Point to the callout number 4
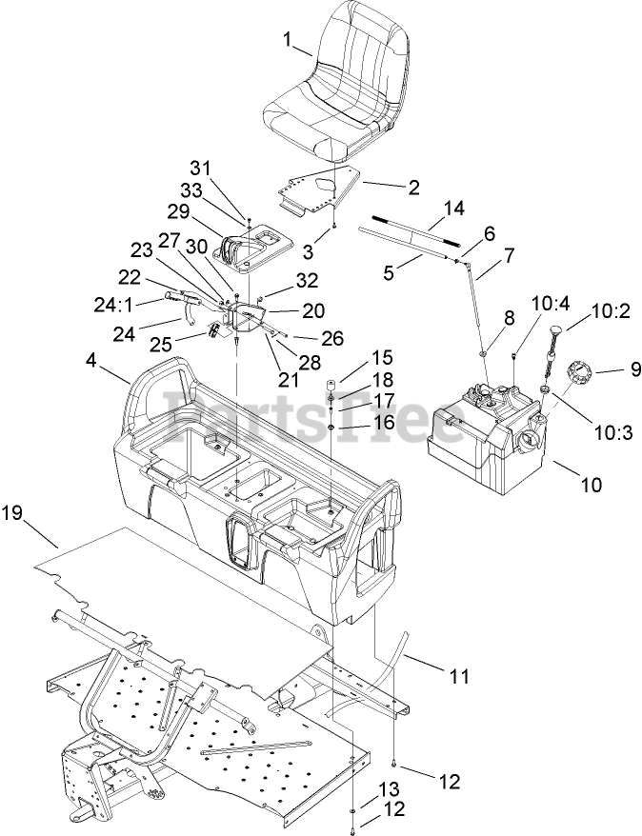point(91,361)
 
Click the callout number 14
point(452,207)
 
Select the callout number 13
point(389,788)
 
